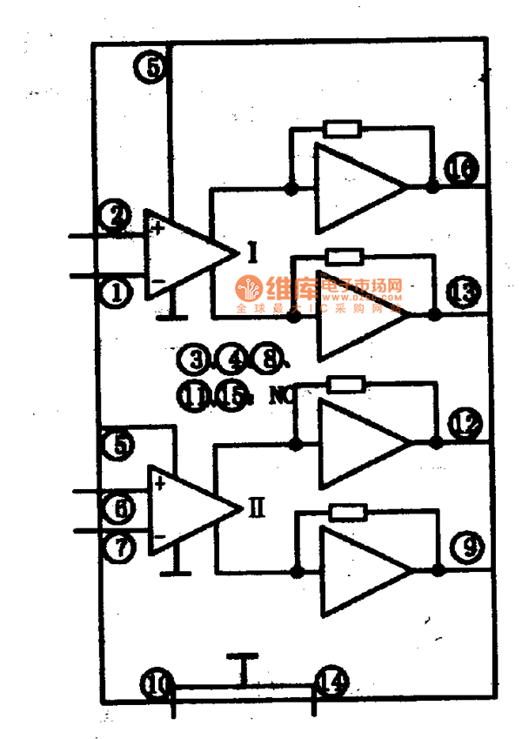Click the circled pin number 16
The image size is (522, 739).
[x=462, y=170]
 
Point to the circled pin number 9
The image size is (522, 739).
[x=468, y=548]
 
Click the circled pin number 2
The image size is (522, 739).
[x=116, y=215]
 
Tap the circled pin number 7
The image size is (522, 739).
[x=118, y=548]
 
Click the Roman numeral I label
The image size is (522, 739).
[x=251, y=252]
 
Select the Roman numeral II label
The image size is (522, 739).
[x=257, y=507]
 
